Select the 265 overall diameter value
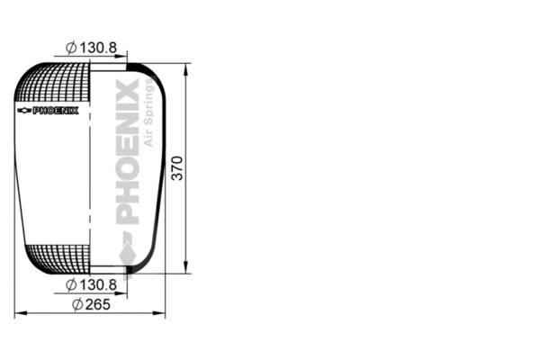tap(96, 304)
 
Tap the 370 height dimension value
tap(177, 167)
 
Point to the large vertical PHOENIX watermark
tap(128, 153)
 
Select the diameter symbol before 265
tap(76, 304)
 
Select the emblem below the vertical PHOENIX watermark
tap(128, 256)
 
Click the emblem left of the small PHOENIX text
tap(23, 111)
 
